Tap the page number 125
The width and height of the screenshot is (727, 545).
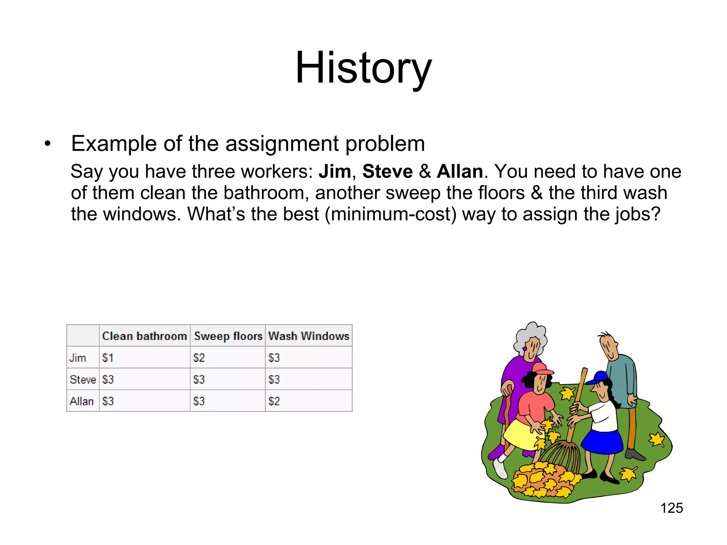tap(671, 508)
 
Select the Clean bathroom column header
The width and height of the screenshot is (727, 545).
tap(144, 336)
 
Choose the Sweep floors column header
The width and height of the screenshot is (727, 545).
tap(228, 336)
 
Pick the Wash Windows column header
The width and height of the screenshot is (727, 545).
tap(308, 336)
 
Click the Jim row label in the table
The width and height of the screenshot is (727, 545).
tap(78, 358)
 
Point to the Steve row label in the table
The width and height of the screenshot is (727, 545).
tap(83, 379)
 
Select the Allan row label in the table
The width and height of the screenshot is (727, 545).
tap(82, 401)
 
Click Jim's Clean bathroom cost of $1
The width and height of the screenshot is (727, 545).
tap(108, 358)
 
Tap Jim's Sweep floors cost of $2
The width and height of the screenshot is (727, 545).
tap(199, 358)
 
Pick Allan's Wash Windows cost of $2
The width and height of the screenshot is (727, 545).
tap(274, 401)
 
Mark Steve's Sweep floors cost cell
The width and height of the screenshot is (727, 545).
tap(199, 379)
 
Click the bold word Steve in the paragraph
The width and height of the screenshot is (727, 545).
tap(387, 171)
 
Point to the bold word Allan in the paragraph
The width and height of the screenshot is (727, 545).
tap(460, 171)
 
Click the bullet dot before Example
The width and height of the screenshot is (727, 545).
tap(48, 144)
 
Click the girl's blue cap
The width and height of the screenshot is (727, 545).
tap(599, 377)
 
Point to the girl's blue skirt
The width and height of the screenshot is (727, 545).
tap(602, 442)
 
